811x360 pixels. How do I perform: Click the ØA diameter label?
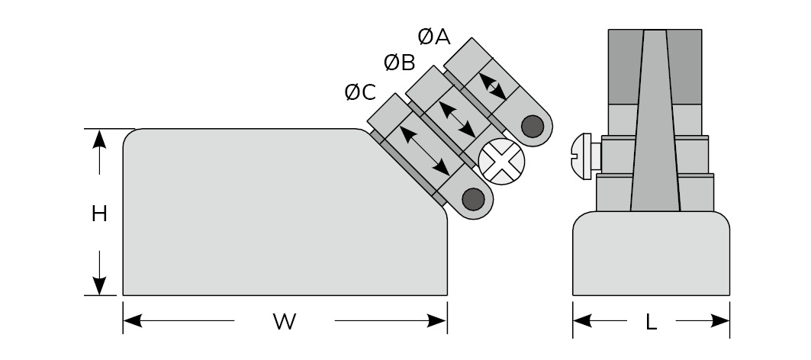(434, 36)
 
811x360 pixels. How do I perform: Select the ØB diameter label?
(399, 63)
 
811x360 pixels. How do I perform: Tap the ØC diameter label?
(360, 92)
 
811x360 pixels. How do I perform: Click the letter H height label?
(98, 214)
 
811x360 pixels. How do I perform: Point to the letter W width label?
(284, 322)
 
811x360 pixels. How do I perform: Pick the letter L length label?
(651, 322)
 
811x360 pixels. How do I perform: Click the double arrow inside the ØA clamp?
(492, 86)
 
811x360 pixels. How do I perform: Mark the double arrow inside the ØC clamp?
(425, 149)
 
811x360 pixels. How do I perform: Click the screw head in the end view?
(584, 157)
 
